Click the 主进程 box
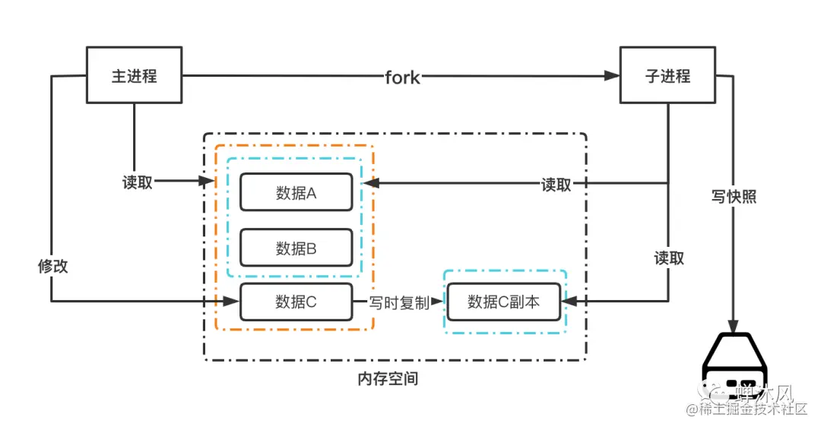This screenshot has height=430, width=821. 135,76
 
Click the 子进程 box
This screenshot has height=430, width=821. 667,76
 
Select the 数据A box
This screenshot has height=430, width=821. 296,192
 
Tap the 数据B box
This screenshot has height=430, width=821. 296,247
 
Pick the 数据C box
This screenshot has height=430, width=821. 296,302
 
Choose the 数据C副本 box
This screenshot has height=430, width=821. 503,302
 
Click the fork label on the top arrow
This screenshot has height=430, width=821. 402,77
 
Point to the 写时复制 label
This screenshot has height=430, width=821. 399,302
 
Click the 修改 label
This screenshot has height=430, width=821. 52,266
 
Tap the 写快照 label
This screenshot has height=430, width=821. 734,197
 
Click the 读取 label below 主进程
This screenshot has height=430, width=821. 138,182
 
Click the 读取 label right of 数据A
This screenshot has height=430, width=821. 556,185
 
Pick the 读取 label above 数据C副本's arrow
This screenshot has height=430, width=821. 669,258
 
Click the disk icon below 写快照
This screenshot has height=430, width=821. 734,368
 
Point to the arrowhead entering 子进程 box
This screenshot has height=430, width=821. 613,76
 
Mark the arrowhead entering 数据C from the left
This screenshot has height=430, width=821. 233,302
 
